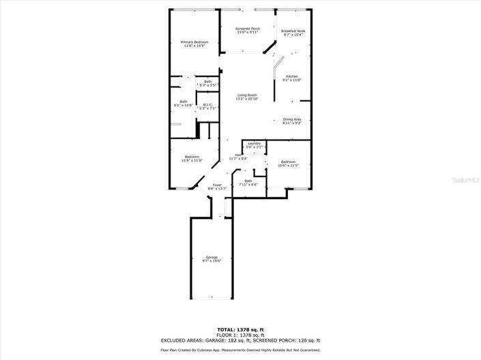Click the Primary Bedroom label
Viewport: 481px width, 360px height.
coord(194,44)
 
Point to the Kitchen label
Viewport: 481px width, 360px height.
coord(292,78)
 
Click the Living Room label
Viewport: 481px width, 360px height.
coord(247,96)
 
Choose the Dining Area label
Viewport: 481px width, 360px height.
coord(292,121)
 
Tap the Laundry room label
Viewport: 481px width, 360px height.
coord(254,145)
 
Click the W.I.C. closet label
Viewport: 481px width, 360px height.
coord(207,106)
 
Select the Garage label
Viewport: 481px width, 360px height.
coord(212,258)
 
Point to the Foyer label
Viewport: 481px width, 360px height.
coord(217,187)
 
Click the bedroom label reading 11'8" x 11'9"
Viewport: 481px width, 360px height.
coord(191,159)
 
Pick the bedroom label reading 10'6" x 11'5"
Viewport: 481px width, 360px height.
coord(288,163)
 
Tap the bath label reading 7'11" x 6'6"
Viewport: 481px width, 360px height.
coord(248,182)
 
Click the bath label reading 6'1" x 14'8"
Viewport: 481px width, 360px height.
coord(184,104)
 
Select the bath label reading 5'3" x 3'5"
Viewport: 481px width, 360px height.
coord(207,83)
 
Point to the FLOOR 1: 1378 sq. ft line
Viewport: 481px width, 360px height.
coord(240,334)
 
